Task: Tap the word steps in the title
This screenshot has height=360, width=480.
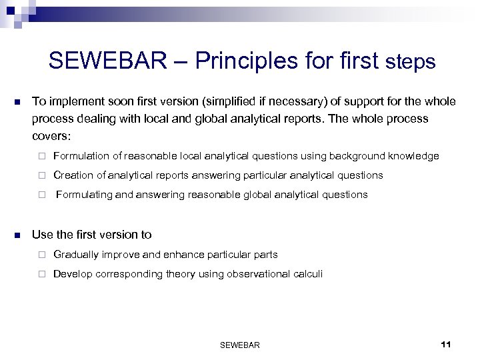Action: tap(410, 62)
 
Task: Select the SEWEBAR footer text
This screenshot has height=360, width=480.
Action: tap(239, 345)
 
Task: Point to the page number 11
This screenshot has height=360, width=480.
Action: tap(446, 344)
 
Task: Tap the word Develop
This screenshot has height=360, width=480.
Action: tap(71, 273)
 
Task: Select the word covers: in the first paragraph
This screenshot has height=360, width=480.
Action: tap(51, 135)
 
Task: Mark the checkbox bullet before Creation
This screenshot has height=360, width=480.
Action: tap(40, 176)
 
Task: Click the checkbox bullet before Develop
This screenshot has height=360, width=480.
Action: tap(40, 274)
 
